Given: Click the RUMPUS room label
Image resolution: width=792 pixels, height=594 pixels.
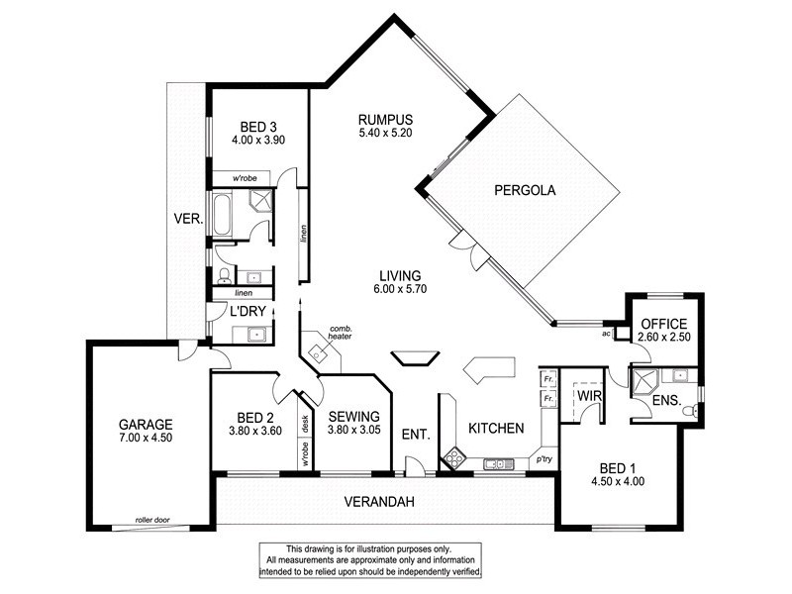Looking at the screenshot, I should pos(384,120).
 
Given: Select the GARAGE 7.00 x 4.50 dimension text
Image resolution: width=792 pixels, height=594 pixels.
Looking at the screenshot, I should pos(146,437).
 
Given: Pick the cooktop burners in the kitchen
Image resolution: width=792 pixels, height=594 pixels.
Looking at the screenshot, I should pos(454,457).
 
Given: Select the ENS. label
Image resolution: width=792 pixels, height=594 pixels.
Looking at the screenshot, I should pos(664,402).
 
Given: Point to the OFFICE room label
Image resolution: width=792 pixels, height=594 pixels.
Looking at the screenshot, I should pos(664,324).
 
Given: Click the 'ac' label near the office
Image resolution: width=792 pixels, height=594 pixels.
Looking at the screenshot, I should pos(605,334).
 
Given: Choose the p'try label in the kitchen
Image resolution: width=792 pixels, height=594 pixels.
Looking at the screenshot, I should pos(543,460).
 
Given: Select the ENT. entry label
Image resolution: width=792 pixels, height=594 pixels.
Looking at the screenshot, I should pos(415,434).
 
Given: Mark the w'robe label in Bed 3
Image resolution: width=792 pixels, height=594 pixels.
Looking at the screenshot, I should pos(245,178).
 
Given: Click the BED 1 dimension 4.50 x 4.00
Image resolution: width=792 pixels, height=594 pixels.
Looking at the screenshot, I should pos(620,484).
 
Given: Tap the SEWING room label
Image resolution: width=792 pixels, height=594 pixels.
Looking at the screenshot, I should pos(351,417).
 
